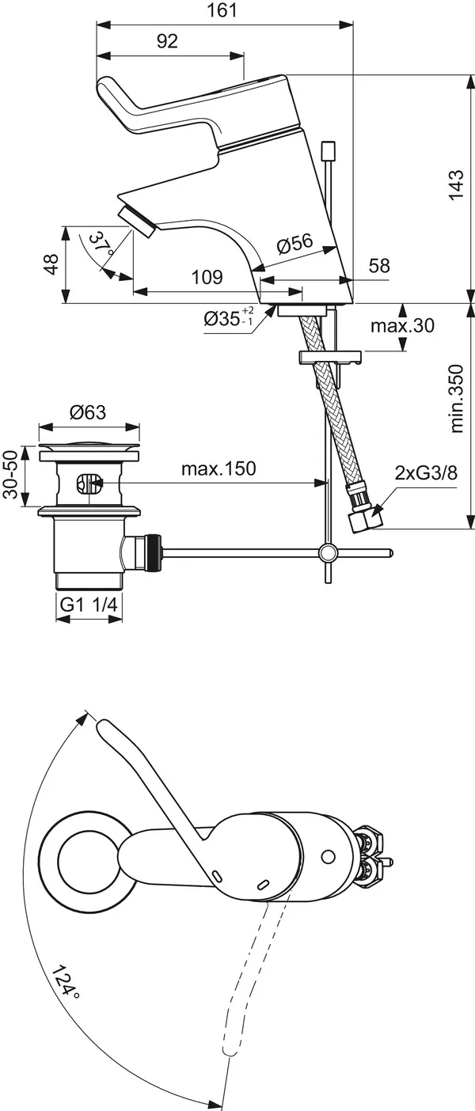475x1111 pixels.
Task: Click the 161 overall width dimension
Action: (226, 10)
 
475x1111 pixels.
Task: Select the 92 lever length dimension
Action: (167, 42)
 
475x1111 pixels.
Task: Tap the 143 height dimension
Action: (456, 185)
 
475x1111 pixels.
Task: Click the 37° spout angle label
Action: (101, 243)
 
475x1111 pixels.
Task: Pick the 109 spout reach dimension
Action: (207, 278)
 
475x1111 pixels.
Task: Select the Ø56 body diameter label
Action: (294, 245)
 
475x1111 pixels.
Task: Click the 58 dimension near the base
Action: (379, 266)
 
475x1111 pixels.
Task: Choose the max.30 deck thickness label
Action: (403, 325)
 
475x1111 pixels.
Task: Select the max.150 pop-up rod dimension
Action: (218, 468)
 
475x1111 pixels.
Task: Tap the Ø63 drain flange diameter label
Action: (88, 412)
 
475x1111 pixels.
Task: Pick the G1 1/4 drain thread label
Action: (89, 605)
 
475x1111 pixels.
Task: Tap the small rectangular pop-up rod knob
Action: (328, 150)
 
